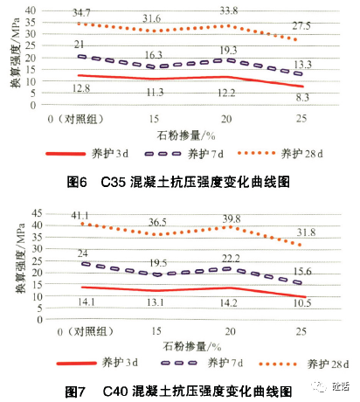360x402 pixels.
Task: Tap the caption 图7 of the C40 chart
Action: click(x=78, y=387)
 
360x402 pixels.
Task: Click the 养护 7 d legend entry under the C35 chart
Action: click(x=207, y=154)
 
